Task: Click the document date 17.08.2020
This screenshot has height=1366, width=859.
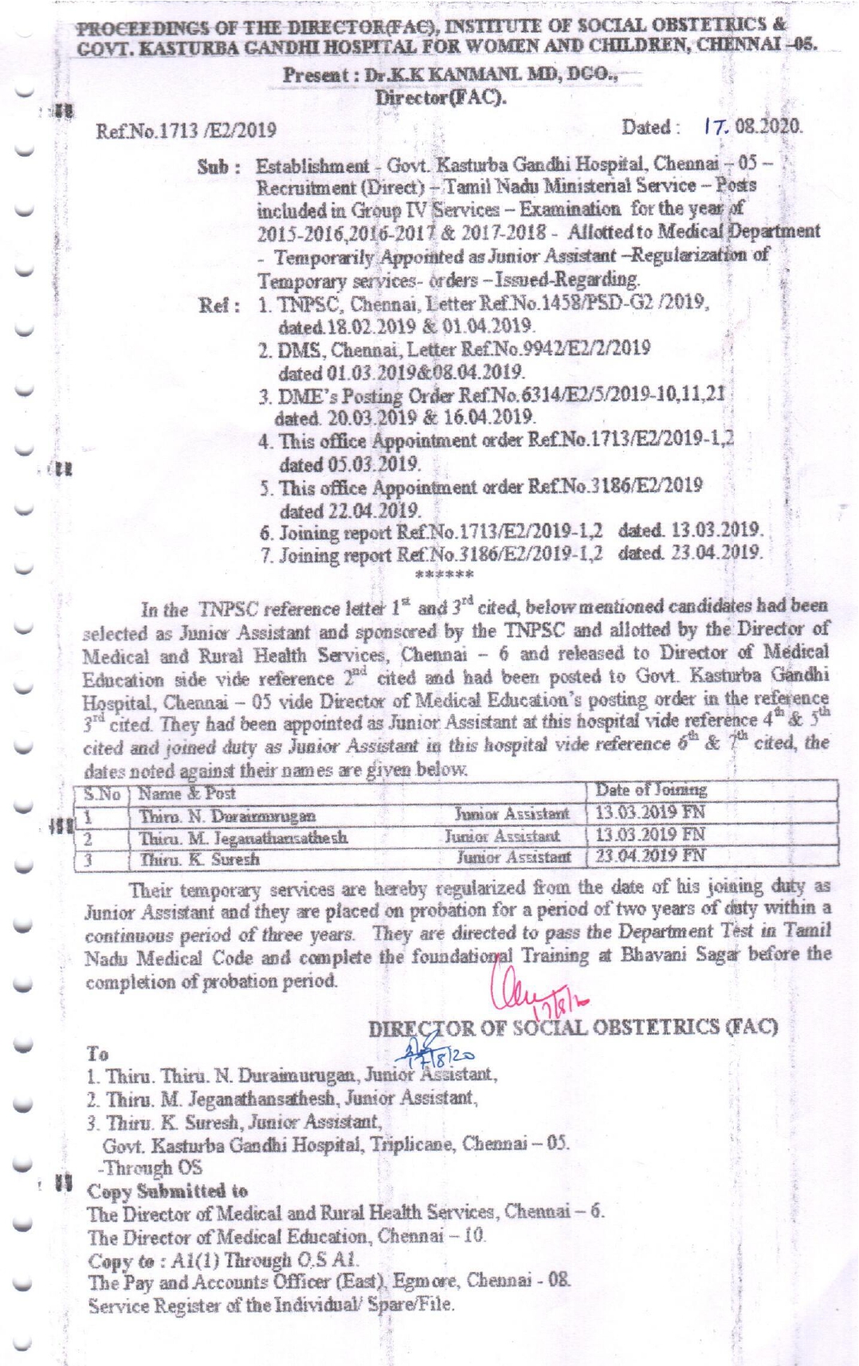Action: [x=753, y=127]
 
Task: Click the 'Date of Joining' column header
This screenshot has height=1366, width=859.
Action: [x=651, y=790]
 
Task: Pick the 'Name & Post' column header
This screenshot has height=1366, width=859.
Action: [x=187, y=793]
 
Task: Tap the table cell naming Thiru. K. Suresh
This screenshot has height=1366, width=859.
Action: [x=200, y=859]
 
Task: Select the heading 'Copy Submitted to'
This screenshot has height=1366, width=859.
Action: [x=167, y=1192]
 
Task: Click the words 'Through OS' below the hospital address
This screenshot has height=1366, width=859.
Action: [x=150, y=1168]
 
